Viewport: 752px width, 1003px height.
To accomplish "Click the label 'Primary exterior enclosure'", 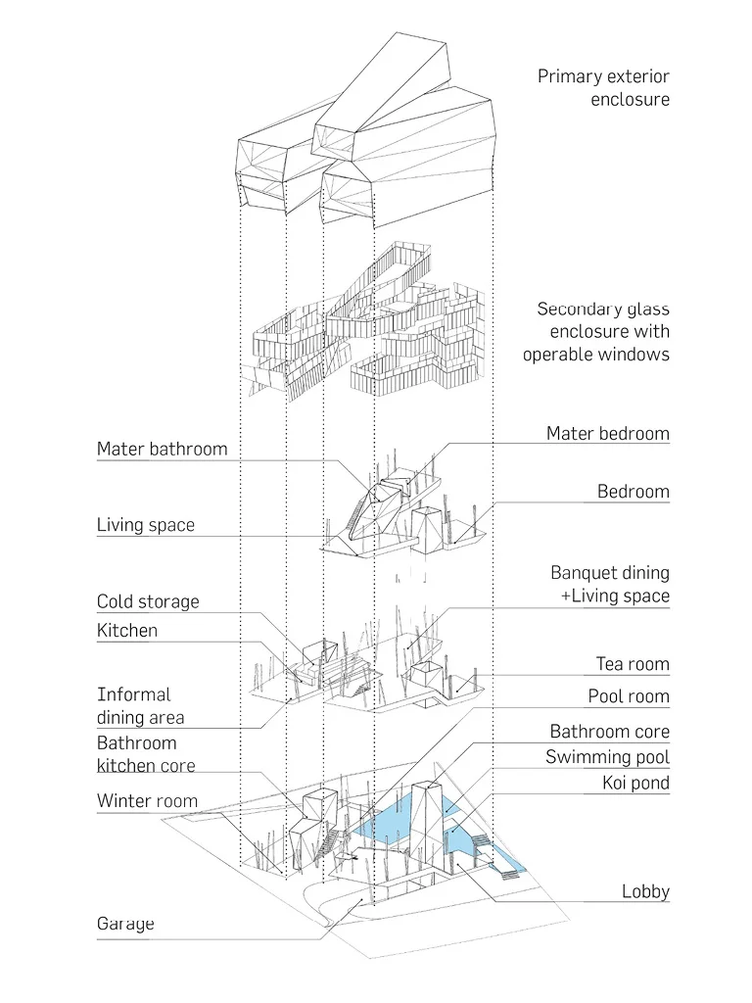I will (603, 87).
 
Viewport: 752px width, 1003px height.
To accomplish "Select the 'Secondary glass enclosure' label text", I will (596, 331).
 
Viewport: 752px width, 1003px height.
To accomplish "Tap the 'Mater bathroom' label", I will (162, 450).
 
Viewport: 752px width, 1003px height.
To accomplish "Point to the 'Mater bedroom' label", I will (607, 433).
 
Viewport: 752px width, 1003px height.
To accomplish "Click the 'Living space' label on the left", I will (145, 525).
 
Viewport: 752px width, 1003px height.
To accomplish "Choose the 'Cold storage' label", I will (147, 601).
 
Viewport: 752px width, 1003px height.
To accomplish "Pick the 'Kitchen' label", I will (126, 630).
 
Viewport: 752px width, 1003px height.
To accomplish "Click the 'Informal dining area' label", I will (140, 705).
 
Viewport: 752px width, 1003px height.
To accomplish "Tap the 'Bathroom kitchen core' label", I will (145, 754).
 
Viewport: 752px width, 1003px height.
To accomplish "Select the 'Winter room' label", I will (147, 801).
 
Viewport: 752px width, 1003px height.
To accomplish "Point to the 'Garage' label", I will (125, 924).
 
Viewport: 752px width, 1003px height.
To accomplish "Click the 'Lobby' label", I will (645, 891).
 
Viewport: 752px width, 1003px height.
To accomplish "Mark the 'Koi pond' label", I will (635, 784).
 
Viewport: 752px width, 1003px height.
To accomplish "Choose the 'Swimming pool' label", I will (607, 757).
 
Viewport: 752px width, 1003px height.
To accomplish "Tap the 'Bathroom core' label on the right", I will (609, 732).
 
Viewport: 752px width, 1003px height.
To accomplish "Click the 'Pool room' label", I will (628, 696).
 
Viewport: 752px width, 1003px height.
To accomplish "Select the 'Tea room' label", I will (633, 664).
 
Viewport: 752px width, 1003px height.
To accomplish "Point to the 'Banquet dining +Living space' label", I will (609, 584).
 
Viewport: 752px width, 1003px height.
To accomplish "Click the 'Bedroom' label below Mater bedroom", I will (633, 492).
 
